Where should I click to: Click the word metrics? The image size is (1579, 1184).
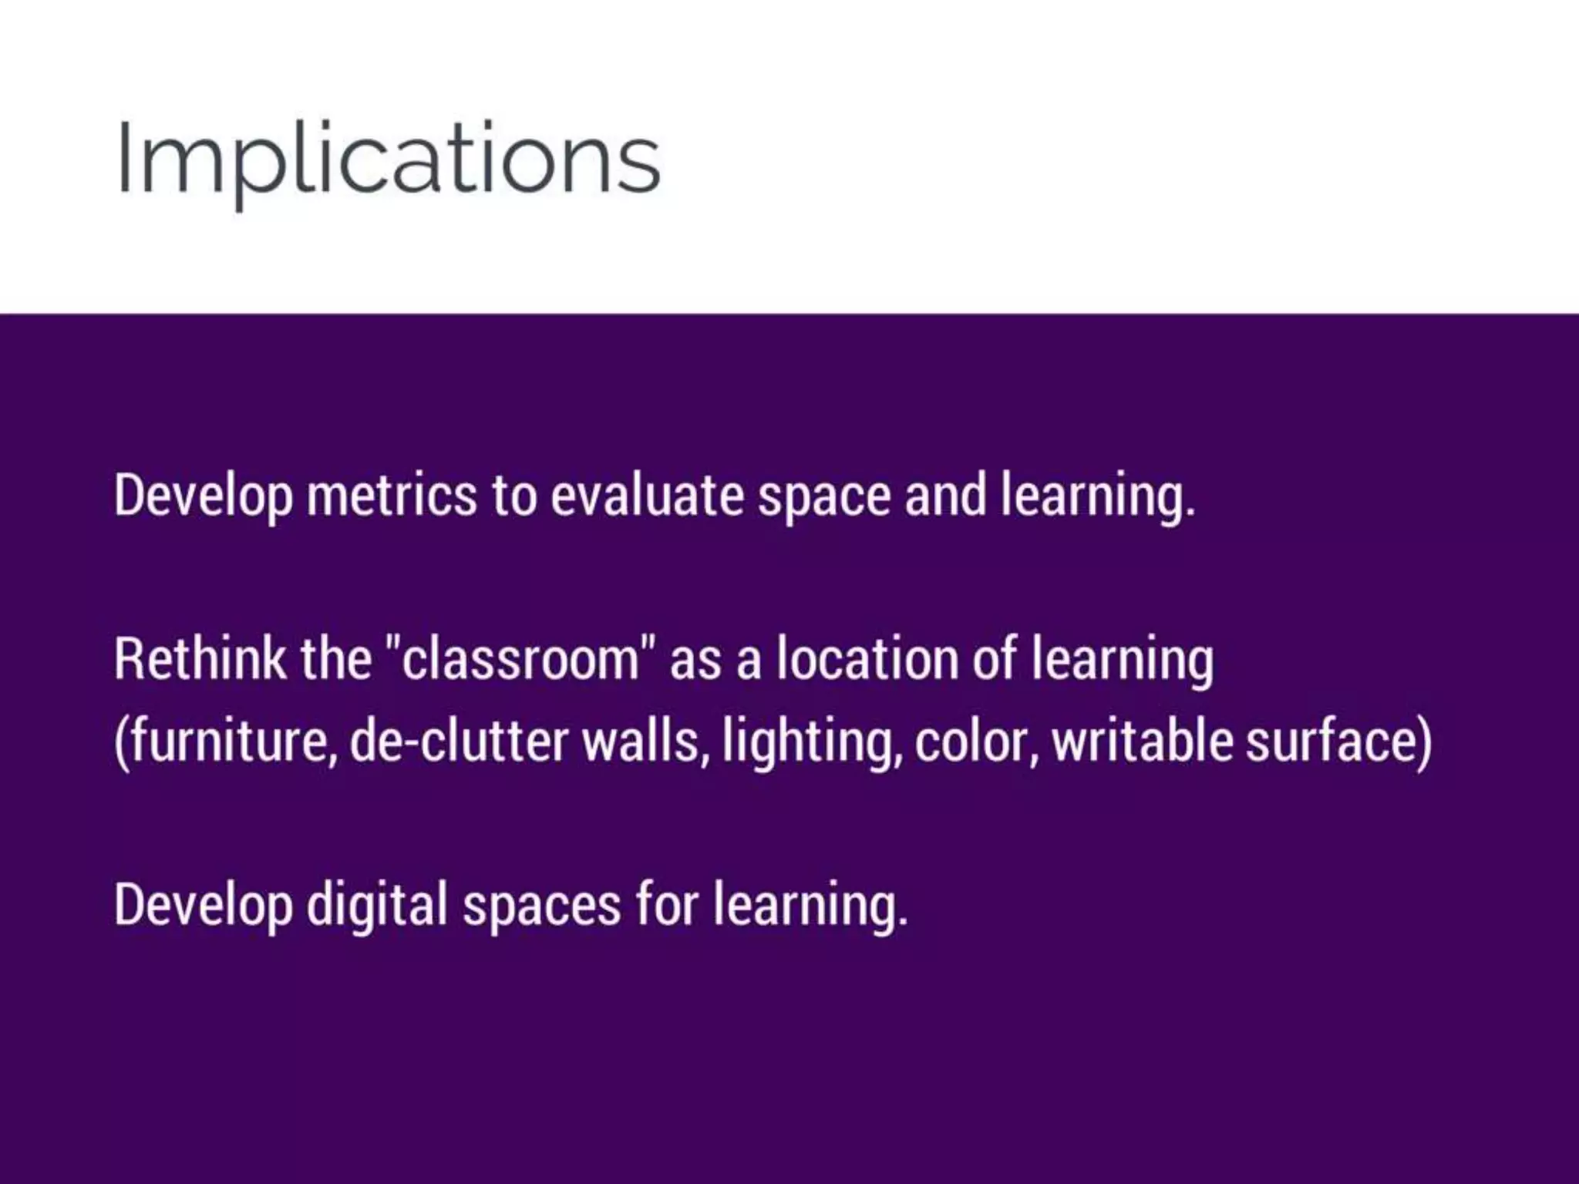click(x=392, y=495)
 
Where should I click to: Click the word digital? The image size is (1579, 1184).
click(x=377, y=906)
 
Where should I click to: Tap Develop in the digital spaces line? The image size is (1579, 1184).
click(x=203, y=906)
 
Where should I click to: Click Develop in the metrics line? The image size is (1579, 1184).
click(x=203, y=495)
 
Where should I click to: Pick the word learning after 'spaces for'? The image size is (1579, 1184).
click(x=810, y=906)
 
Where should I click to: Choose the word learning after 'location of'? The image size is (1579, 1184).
click(x=1122, y=661)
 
